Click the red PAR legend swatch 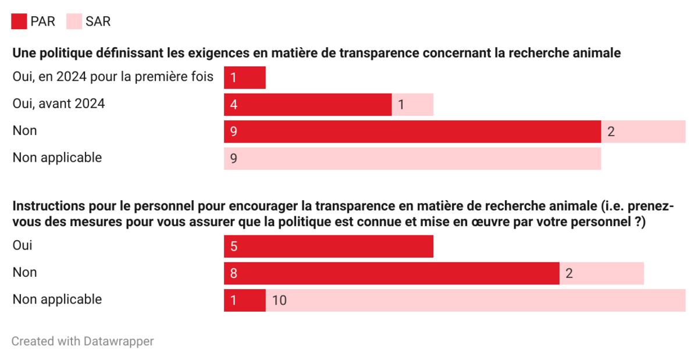pyautogui.click(x=19, y=22)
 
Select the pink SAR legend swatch pyautogui.click(x=74, y=22)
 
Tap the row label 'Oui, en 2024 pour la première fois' pyautogui.click(x=113, y=77)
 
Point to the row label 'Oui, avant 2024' pyautogui.click(x=59, y=104)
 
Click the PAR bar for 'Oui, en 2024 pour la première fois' pyautogui.click(x=245, y=77)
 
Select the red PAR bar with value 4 pyautogui.click(x=308, y=105)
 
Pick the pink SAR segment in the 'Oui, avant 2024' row pyautogui.click(x=412, y=105)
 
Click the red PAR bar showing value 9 pyautogui.click(x=412, y=131)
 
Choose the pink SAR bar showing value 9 pyautogui.click(x=412, y=158)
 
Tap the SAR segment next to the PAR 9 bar pyautogui.click(x=643, y=131)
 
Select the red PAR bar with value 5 pyautogui.click(x=329, y=246)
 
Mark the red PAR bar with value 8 pyautogui.click(x=391, y=273)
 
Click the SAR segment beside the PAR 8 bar pyautogui.click(x=601, y=273)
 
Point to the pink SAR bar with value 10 pyautogui.click(x=476, y=300)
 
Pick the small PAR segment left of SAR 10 pyautogui.click(x=245, y=300)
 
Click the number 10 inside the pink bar pyautogui.click(x=280, y=300)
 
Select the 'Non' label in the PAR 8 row pyautogui.click(x=25, y=272)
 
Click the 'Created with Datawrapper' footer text pyautogui.click(x=83, y=341)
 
